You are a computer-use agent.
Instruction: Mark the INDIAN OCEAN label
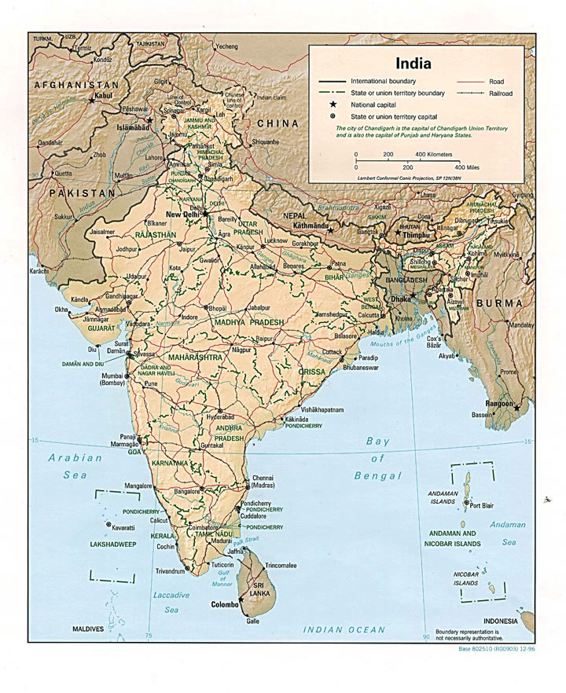click(x=344, y=629)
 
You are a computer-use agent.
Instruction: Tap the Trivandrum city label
click(x=170, y=571)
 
